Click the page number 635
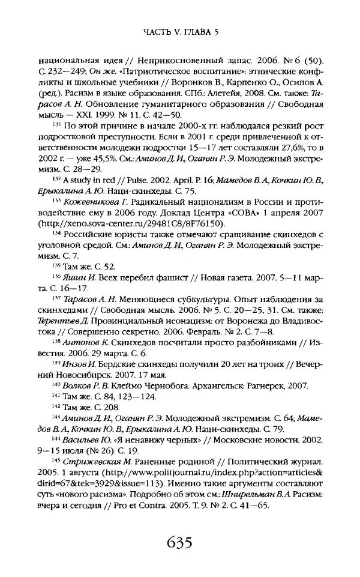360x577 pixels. [180, 544]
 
